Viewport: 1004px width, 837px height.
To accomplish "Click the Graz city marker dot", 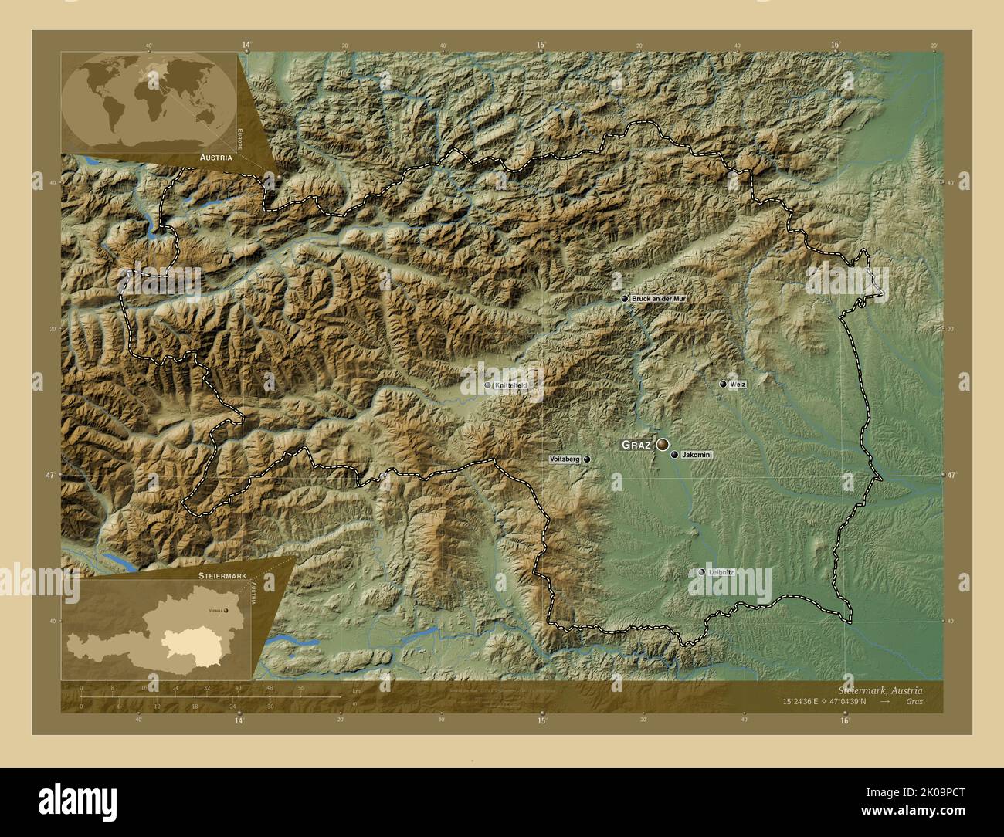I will tap(663, 444).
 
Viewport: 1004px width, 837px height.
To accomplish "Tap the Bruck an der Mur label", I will tap(658, 298).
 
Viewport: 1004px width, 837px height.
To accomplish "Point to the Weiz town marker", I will tap(723, 384).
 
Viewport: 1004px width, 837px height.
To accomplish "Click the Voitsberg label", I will tap(564, 459).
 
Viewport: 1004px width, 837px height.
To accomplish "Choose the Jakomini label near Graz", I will tap(697, 456).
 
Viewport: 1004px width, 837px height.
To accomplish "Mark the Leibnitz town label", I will tap(721, 572).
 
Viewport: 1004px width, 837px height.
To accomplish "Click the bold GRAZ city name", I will tap(636, 446).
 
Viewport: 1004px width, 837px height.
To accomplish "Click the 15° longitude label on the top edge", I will tap(541, 46).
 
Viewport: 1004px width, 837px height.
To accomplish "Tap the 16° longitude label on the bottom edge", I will tap(844, 720).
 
